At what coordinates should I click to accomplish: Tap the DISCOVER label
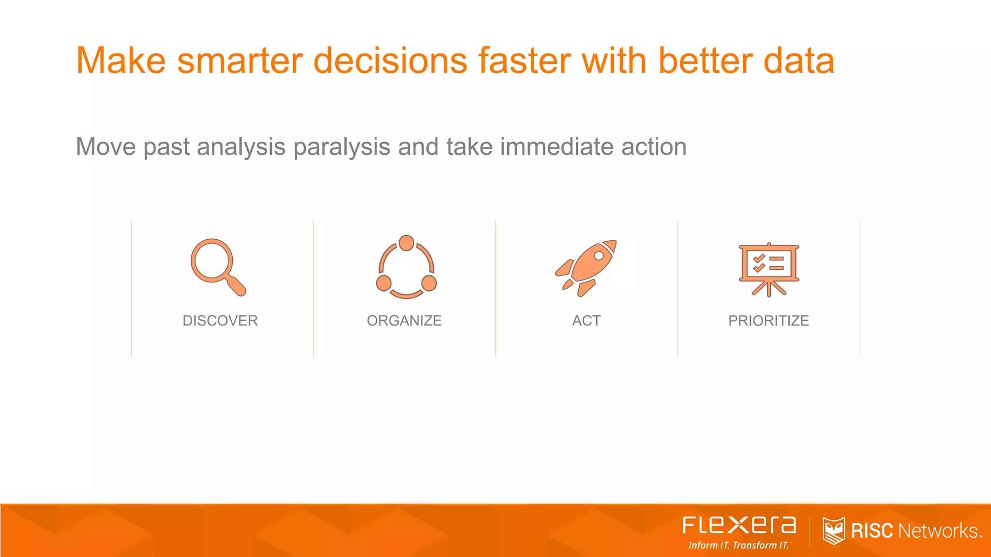[220, 321]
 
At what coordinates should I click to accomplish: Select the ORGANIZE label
[404, 321]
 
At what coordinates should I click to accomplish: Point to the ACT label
[586, 321]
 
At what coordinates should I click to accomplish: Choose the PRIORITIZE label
[768, 321]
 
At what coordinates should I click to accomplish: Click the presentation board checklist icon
[768, 268]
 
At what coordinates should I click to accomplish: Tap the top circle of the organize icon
[406, 243]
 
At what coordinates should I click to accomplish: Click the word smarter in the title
[240, 61]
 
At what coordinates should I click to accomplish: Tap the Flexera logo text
[739, 525]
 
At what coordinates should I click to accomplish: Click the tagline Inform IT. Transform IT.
[739, 545]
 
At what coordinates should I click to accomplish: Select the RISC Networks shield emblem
[833, 530]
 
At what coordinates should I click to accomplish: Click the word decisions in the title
[390, 61]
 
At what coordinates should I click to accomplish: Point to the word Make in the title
[121, 61]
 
